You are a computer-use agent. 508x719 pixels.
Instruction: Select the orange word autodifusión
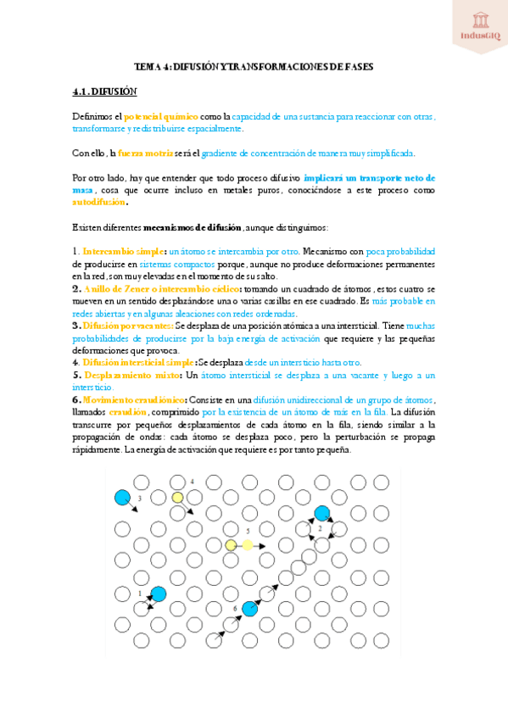tap(94, 203)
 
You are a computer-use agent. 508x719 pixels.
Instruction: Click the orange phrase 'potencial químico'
tap(161, 115)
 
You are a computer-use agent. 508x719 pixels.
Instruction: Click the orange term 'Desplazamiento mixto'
tap(130, 374)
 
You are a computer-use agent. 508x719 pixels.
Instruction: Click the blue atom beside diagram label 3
tap(122, 497)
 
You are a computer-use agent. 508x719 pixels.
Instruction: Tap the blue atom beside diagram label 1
tap(158, 594)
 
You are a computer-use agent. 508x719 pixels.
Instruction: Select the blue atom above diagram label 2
tap(322, 513)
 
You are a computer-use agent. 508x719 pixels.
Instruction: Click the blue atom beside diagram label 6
tap(249, 608)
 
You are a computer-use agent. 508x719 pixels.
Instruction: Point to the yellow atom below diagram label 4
tap(177, 498)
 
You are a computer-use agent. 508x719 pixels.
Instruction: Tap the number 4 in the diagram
tap(192, 482)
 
